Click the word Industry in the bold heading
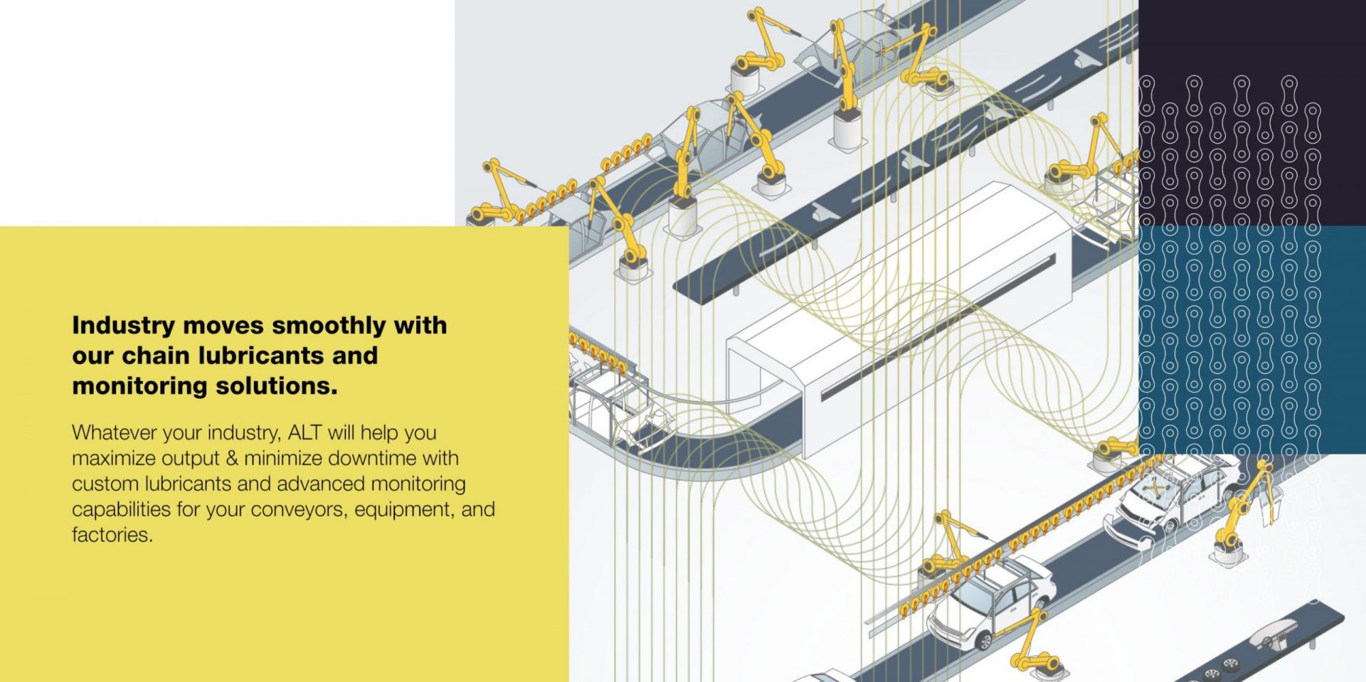(x=123, y=326)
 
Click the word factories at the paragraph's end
(x=112, y=535)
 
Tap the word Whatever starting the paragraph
(x=115, y=432)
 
